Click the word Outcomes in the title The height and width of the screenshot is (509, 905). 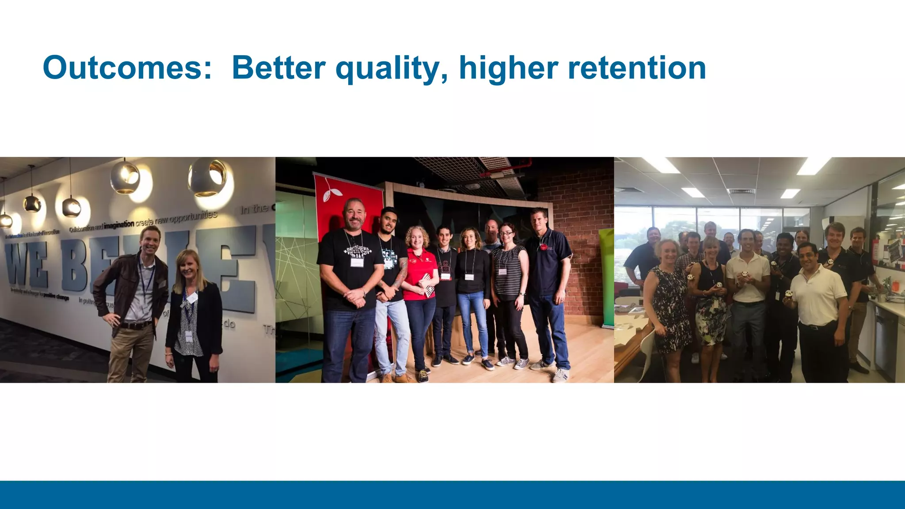point(127,68)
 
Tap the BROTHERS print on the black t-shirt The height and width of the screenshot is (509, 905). point(357,251)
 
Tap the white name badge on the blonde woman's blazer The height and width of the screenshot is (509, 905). point(191,299)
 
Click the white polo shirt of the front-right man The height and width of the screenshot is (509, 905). point(818,296)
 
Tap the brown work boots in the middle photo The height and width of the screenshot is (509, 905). point(400,378)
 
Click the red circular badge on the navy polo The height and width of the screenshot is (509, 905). point(543,247)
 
